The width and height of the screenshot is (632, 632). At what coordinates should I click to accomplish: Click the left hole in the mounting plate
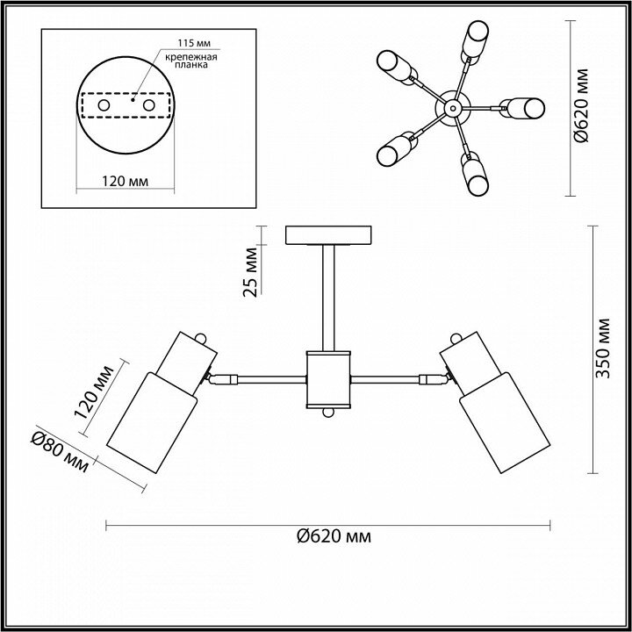pos(103,105)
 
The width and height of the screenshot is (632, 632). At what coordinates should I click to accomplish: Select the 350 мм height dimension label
pos(602,348)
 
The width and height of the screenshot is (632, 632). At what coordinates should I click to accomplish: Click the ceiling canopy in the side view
pos(328,235)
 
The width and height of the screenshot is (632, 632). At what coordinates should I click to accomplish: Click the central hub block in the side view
pos(328,378)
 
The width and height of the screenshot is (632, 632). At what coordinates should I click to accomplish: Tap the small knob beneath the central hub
pos(328,413)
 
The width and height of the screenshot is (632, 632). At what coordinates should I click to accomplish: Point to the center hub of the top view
pos(452,108)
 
